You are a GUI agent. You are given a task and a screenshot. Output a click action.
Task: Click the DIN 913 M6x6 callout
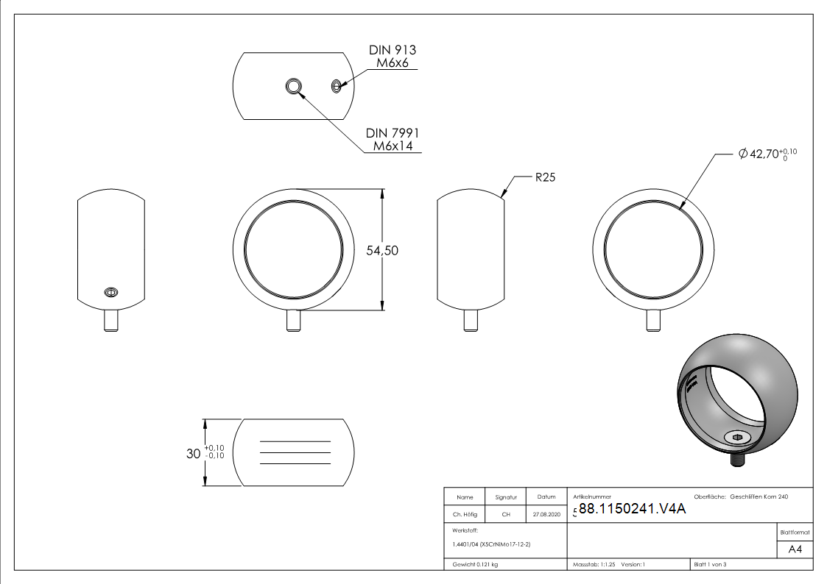pyautogui.click(x=393, y=57)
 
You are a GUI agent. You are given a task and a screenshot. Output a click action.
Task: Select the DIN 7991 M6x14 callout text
pyautogui.click(x=393, y=140)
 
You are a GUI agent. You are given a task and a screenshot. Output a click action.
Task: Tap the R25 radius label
pyautogui.click(x=546, y=177)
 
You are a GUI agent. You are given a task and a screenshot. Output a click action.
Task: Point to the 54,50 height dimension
pyautogui.click(x=382, y=251)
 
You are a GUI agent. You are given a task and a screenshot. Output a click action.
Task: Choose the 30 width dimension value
pyautogui.click(x=194, y=453)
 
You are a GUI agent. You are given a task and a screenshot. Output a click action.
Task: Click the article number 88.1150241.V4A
pyautogui.click(x=632, y=509)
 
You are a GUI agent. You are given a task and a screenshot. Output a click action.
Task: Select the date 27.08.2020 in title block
pyautogui.click(x=546, y=514)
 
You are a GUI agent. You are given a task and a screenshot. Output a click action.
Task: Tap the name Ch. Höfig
pyautogui.click(x=465, y=514)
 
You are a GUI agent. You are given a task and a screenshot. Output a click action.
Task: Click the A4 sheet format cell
pyautogui.click(x=795, y=549)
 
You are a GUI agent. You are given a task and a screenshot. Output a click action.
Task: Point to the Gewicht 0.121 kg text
pyautogui.click(x=475, y=565)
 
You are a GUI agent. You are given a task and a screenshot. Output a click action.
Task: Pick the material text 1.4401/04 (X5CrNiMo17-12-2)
pyautogui.click(x=491, y=544)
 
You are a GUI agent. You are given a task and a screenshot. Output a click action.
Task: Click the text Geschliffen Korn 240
pyautogui.click(x=759, y=496)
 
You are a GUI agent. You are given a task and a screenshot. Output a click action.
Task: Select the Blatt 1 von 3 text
pyautogui.click(x=710, y=565)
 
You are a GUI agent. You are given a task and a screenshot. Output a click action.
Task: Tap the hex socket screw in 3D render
pyautogui.click(x=738, y=437)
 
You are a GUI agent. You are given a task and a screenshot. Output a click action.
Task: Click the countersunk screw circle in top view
pyautogui.click(x=294, y=86)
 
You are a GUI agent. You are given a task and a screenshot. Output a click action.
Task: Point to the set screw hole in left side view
pyautogui.click(x=110, y=292)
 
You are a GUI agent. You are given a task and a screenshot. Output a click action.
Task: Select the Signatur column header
pyautogui.click(x=506, y=497)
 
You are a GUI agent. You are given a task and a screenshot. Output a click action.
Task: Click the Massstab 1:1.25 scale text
pyautogui.click(x=594, y=565)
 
